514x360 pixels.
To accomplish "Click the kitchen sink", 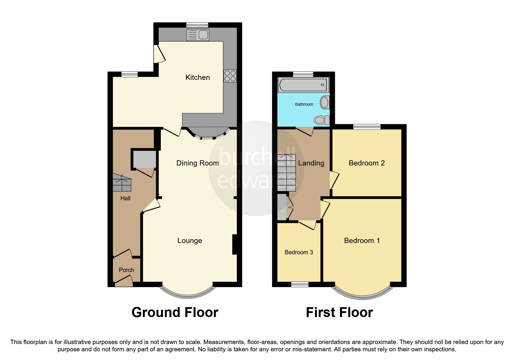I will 198,35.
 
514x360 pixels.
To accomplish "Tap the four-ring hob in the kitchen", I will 230,76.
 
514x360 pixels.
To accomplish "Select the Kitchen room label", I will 197,78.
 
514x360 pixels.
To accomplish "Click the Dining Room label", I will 197,163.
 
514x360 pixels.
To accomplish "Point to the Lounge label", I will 190,241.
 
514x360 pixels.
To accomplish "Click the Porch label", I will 126,270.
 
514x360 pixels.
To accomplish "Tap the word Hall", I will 125,198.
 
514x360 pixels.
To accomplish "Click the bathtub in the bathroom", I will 303,85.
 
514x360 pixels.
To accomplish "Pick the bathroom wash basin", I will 324,102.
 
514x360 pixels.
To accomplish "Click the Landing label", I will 311,163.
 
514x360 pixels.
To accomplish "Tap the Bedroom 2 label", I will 367,163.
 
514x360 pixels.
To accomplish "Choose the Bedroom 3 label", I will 299,252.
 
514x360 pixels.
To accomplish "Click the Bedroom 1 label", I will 362,241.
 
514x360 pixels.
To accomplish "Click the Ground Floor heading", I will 175,313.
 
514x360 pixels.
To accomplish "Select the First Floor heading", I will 339,313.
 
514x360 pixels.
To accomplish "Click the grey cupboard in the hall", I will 144,159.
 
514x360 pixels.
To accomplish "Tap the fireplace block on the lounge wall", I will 235,244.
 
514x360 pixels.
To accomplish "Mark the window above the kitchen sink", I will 197,25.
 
